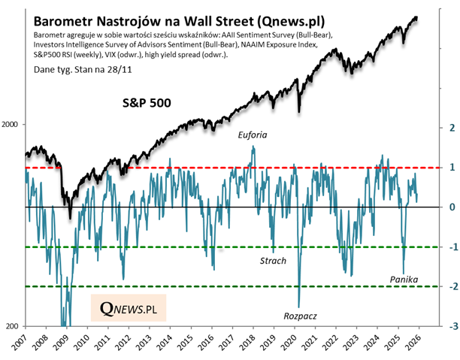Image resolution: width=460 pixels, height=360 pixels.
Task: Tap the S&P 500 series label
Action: pos(149,101)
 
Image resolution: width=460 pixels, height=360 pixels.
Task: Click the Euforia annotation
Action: pos(253,135)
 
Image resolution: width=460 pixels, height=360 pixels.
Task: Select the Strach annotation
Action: pos(272,260)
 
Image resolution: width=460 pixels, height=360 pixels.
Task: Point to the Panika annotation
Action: pos(404,280)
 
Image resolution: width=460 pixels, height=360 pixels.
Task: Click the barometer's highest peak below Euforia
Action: pos(253,147)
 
